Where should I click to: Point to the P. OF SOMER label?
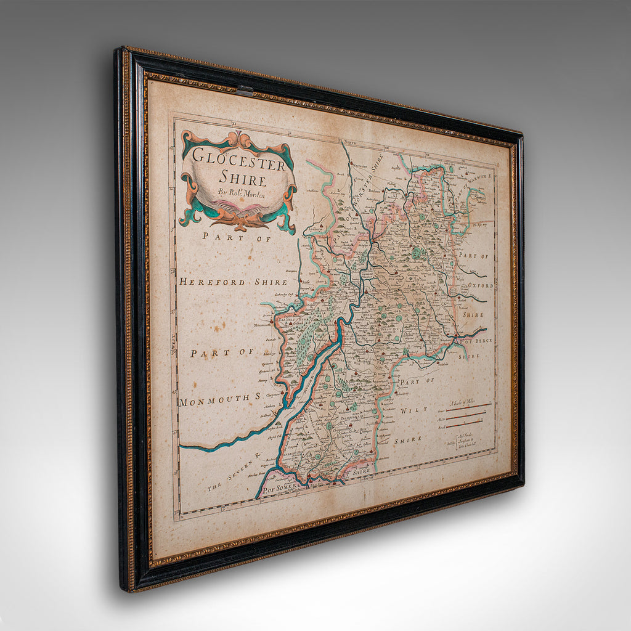[x=282, y=487]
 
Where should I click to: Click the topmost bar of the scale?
[x=468, y=406]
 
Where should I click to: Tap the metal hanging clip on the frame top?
[x=245, y=91]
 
